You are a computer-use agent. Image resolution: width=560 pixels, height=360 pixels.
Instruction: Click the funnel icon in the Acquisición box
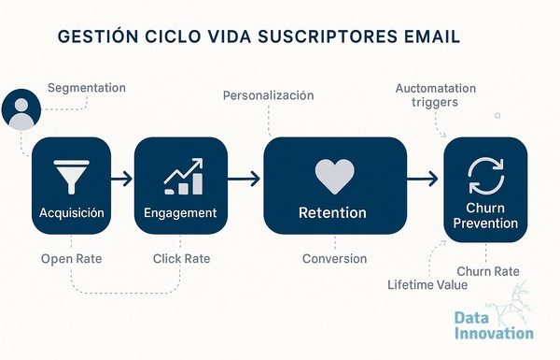72,177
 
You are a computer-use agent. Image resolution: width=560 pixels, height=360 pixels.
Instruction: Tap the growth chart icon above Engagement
184,177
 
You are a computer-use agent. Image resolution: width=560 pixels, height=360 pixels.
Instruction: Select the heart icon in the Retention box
335,177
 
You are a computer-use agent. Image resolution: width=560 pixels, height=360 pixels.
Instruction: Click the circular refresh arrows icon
485,176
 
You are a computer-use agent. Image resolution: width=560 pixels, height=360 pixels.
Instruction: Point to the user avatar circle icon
21,109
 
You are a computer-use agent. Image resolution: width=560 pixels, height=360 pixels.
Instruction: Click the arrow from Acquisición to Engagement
121,179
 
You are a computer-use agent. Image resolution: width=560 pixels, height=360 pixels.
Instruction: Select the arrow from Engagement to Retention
244,179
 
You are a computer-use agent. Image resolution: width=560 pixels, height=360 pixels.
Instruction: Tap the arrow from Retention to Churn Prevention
423,179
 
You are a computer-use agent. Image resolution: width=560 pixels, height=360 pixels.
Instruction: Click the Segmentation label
87,88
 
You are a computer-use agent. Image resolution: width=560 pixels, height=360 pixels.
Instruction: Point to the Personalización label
269,95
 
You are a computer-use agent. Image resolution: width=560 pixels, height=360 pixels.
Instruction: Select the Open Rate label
72,259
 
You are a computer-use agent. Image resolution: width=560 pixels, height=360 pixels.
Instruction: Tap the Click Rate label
181,258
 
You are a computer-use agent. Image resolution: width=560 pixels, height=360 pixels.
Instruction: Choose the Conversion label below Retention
335,258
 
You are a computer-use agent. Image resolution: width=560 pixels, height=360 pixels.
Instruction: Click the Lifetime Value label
427,285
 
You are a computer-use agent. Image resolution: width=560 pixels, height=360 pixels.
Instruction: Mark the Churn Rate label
488,271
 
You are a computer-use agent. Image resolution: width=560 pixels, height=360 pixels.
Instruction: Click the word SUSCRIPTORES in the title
328,36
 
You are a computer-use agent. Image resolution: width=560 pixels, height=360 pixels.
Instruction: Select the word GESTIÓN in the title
98,36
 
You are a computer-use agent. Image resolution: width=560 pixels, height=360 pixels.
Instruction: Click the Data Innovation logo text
494,325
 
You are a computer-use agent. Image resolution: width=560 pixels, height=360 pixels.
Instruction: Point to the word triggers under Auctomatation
435,102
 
